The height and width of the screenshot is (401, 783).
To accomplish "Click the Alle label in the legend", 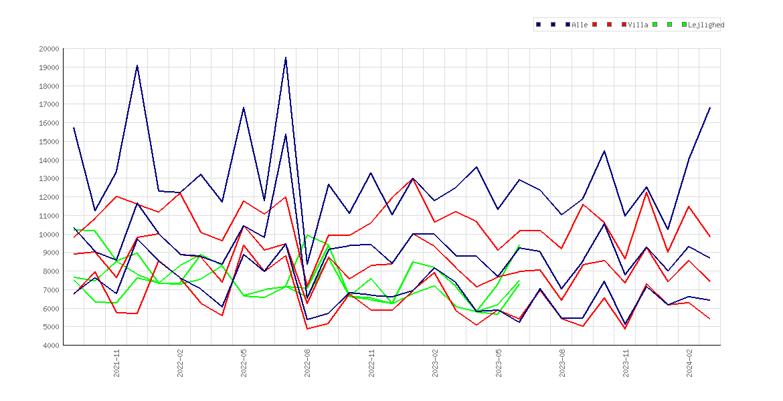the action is [580, 25].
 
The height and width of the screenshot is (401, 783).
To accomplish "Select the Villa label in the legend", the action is [638, 25].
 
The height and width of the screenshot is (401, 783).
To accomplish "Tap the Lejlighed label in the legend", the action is [706, 25].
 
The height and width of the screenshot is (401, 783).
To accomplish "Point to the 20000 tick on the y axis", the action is [48, 49].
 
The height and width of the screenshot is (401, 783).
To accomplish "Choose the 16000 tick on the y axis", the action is [48, 123].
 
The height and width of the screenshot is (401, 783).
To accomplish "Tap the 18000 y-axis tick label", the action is [48, 86].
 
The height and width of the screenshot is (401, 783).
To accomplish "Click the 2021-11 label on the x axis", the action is [117, 364].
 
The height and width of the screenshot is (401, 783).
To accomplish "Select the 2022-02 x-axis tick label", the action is [180, 364].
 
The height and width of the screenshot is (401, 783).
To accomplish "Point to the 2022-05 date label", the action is [244, 364].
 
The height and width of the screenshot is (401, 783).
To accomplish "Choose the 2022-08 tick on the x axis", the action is [308, 364].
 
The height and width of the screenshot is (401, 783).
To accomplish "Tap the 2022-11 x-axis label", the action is [371, 364].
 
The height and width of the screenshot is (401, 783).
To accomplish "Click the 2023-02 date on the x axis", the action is [435, 364].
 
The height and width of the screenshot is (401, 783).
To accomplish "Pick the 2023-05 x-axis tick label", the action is [499, 364].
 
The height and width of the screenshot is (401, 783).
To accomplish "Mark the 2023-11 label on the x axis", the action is [626, 364].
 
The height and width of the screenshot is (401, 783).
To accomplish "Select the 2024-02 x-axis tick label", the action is [689, 364].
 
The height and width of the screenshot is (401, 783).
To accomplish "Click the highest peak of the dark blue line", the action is [286, 57].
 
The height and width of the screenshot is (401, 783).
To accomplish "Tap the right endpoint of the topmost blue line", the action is [710, 107].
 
